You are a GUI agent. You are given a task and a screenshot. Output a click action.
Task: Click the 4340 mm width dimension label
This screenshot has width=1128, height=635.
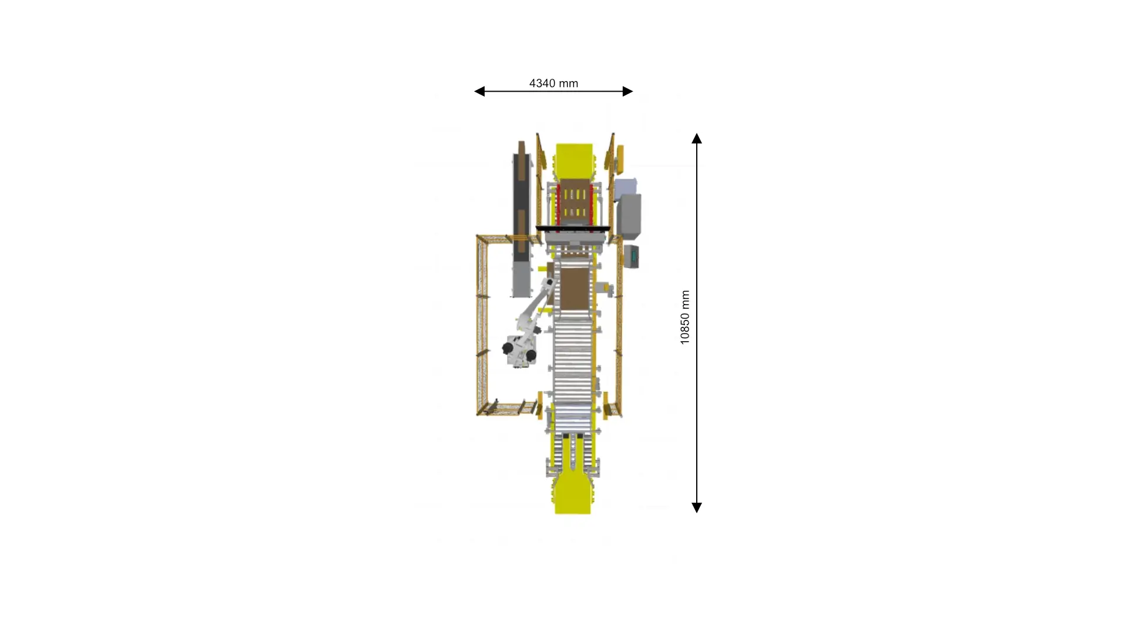coord(553,83)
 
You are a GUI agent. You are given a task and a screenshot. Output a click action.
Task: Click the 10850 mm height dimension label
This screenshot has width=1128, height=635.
coord(685,317)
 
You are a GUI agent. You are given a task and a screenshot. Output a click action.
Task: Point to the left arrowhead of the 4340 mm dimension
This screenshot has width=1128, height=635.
coord(479,91)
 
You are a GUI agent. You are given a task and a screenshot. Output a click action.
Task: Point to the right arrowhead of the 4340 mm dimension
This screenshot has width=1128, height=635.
coord(627,91)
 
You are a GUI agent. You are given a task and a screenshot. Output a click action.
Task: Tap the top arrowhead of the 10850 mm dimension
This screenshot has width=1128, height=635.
coord(697,138)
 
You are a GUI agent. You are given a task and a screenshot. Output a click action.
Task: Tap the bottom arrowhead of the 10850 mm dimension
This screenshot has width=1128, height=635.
coord(697,507)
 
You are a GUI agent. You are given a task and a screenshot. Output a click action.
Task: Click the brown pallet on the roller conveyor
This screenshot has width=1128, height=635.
coord(574,288)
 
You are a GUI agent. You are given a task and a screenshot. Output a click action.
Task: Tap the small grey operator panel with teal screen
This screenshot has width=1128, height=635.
coord(632,256)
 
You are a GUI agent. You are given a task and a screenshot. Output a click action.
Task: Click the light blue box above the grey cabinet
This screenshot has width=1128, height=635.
coord(626,187)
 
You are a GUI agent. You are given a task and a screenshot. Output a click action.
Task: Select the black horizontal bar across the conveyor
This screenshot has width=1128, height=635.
coord(573,228)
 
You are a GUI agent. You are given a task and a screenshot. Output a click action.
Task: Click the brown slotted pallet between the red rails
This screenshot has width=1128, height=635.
coord(575,202)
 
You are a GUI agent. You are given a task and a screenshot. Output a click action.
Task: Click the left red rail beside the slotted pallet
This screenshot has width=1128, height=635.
coord(558,203)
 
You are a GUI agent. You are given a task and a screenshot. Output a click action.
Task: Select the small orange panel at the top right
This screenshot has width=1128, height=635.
coord(620,157)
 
